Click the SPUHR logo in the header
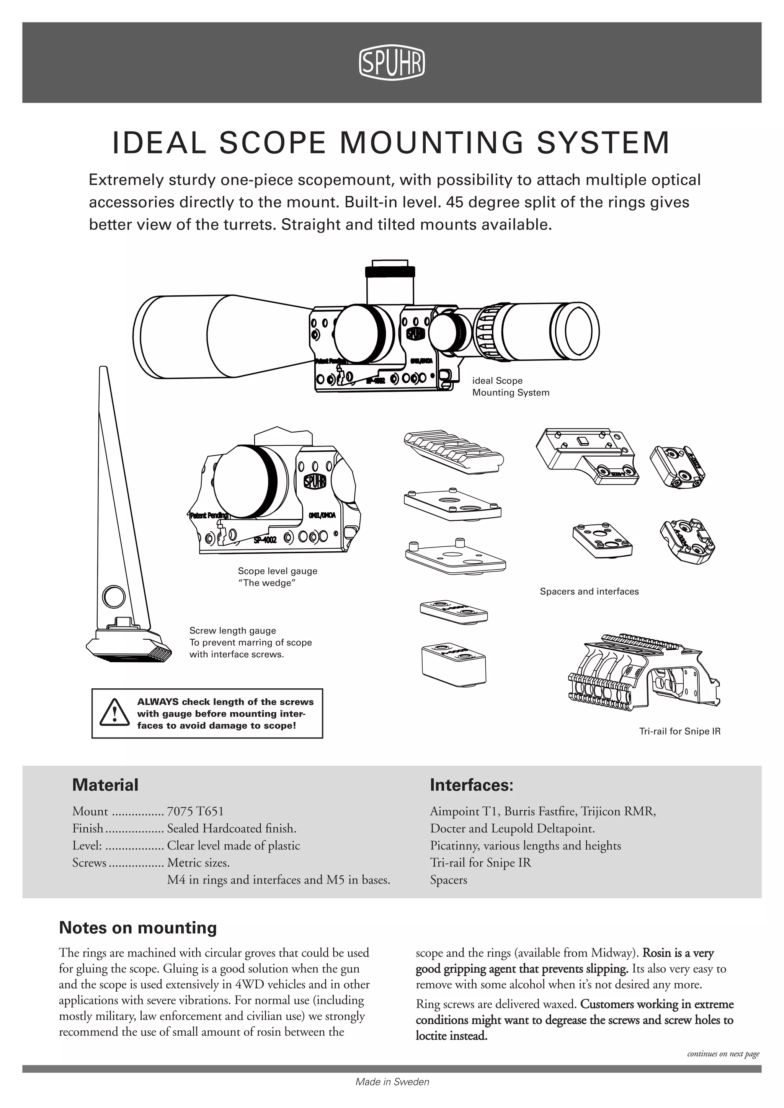tap(392, 63)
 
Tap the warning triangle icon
tap(114, 713)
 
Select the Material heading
tap(105, 785)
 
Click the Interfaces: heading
tap(471, 785)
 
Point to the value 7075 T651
tap(195, 811)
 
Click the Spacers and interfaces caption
tap(589, 591)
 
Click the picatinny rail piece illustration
tap(452, 453)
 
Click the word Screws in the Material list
tap(89, 862)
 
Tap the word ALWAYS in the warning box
tap(157, 702)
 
